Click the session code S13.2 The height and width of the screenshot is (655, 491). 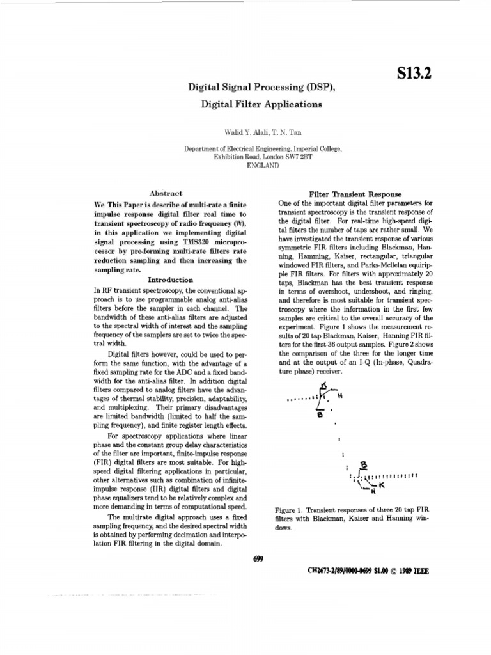point(414,74)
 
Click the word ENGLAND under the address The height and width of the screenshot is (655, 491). point(263,165)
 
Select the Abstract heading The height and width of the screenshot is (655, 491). point(165,193)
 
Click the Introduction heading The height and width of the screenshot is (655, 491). point(170,280)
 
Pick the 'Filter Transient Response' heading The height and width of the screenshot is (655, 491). point(355,194)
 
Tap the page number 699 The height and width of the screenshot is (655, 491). point(259,558)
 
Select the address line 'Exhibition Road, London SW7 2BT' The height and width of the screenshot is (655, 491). point(263,157)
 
